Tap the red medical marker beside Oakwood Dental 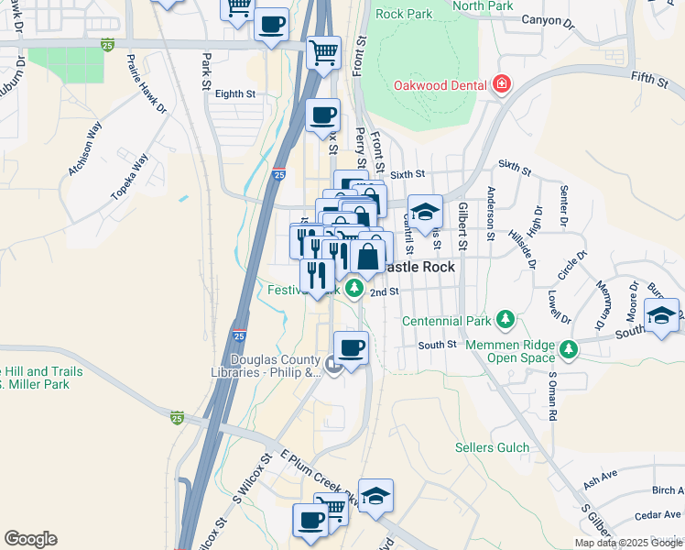pyautogui.click(x=502, y=86)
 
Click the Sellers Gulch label pyautogui.click(x=493, y=447)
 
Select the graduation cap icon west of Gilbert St pyautogui.click(x=425, y=213)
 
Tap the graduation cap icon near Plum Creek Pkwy pyautogui.click(x=375, y=495)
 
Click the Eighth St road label pyautogui.click(x=235, y=93)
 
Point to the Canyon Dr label pyautogui.click(x=547, y=19)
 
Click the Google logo pyautogui.click(x=30, y=539)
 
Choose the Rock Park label pyautogui.click(x=403, y=15)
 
